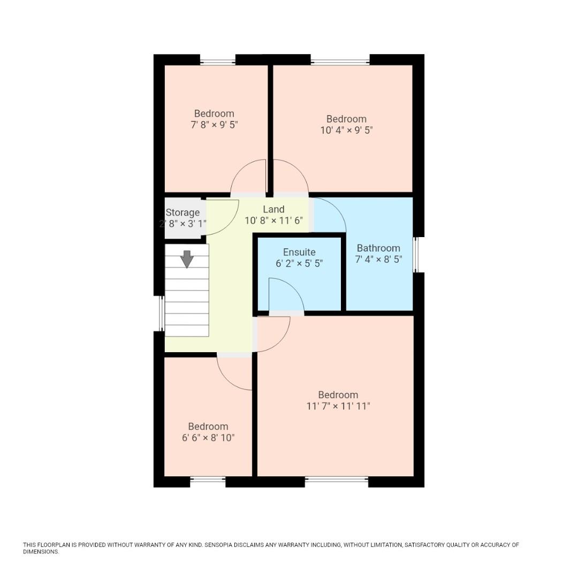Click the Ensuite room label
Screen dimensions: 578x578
tap(299, 252)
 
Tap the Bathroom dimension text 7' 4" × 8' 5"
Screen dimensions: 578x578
tap(378, 259)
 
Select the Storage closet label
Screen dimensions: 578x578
tap(182, 212)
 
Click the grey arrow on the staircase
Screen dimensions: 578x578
tap(187, 258)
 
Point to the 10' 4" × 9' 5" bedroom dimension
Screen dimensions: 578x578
tap(346, 130)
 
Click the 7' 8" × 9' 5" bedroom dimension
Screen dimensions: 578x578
tap(214, 125)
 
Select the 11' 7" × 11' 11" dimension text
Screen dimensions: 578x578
tap(338, 406)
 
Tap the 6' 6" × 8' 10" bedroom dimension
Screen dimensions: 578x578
tap(208, 438)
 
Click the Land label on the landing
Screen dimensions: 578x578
tap(273, 209)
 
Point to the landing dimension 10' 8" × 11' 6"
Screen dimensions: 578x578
tap(273, 220)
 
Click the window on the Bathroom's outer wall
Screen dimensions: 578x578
tap(416, 255)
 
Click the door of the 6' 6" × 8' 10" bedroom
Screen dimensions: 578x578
tap(234, 372)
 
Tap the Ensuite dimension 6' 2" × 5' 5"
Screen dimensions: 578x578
tap(299, 263)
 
